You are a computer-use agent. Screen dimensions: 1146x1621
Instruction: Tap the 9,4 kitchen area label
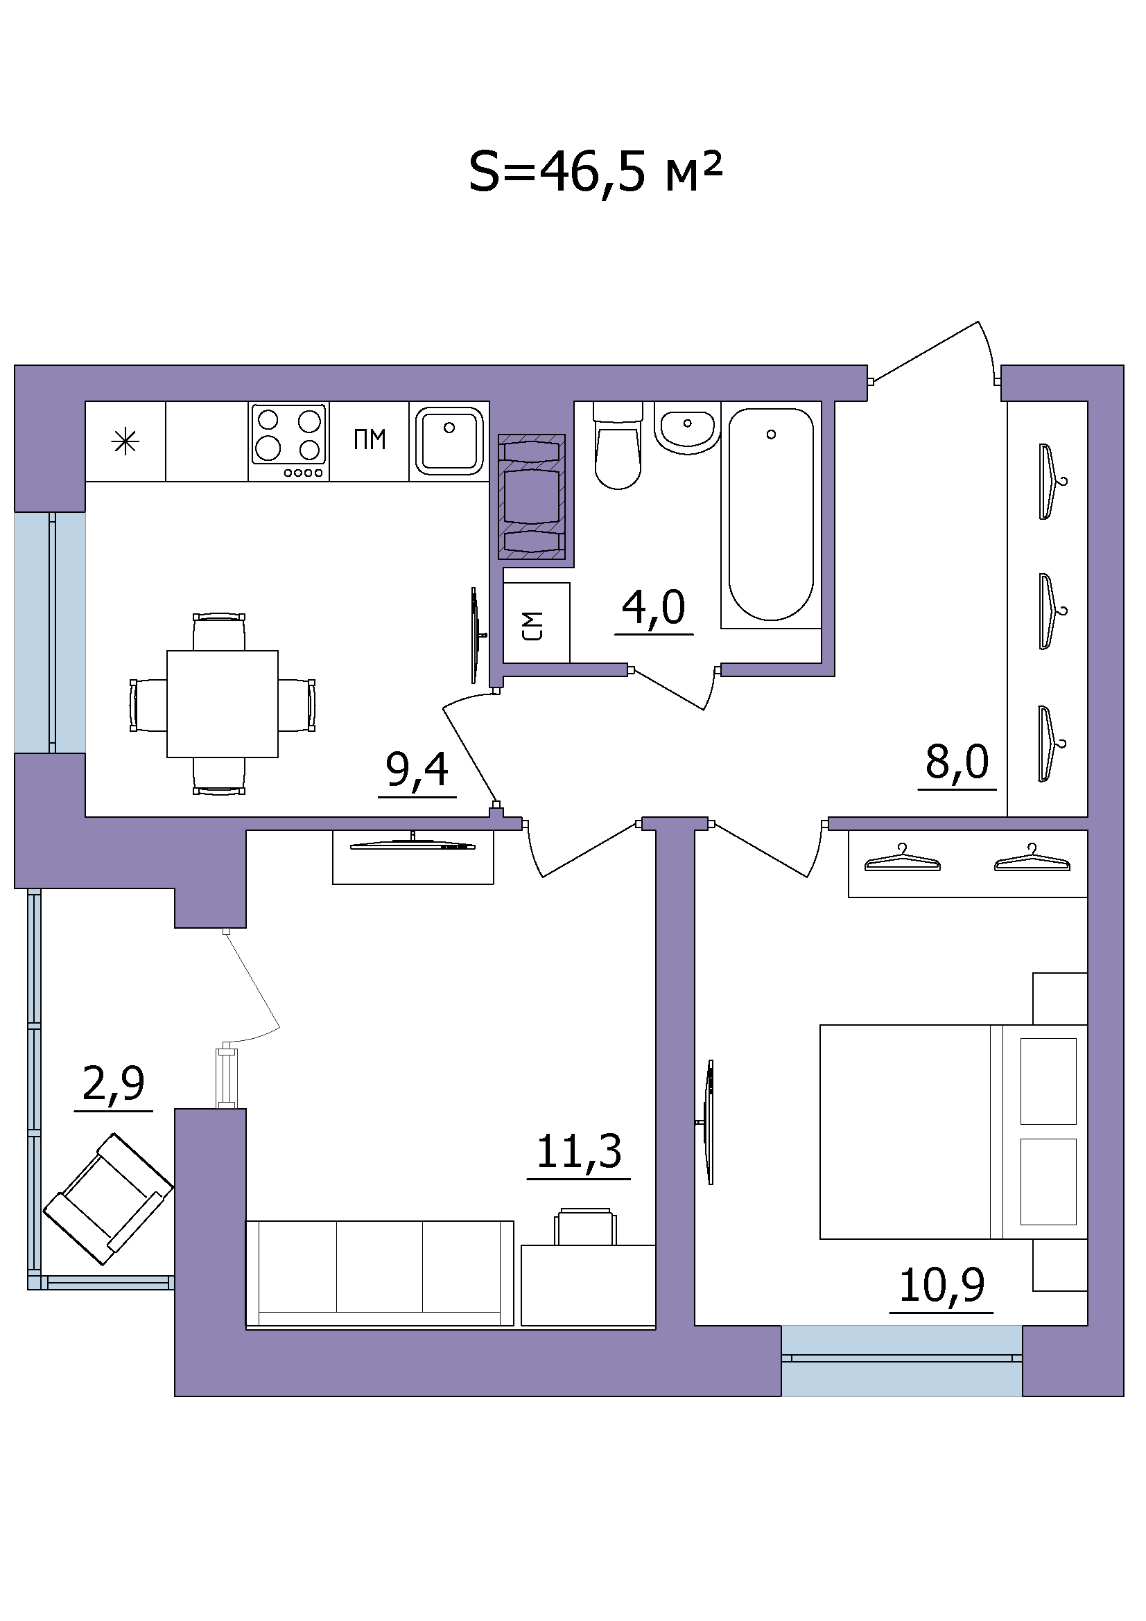click(x=417, y=769)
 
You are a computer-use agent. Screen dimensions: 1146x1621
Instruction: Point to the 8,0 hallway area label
click(x=957, y=762)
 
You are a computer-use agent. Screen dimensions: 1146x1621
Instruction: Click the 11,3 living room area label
click(x=579, y=1152)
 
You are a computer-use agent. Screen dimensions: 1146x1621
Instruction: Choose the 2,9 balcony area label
click(x=113, y=1084)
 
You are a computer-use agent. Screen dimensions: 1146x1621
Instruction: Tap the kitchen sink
click(x=449, y=441)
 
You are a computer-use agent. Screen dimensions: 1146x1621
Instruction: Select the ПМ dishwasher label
click(x=370, y=440)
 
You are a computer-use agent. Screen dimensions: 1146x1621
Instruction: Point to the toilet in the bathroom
click(x=618, y=446)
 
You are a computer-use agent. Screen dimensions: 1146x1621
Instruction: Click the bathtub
click(x=771, y=515)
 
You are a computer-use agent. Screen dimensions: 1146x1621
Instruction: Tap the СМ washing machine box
click(x=537, y=623)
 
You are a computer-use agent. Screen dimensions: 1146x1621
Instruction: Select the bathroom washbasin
click(x=687, y=428)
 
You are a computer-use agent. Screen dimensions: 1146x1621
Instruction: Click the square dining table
click(x=223, y=704)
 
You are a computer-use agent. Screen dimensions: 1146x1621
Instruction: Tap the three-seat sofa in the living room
click(x=380, y=1273)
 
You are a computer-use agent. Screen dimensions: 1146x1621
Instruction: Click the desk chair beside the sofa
click(x=585, y=1227)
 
